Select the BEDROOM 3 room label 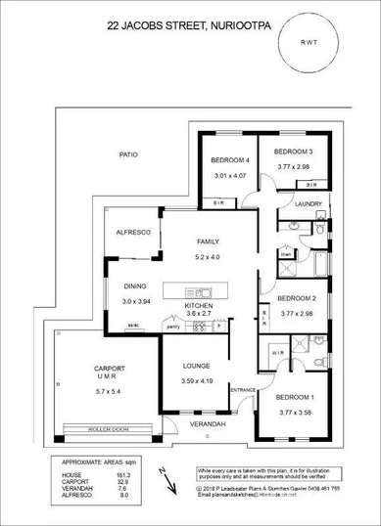[x=293, y=152]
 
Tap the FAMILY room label [x=207, y=241]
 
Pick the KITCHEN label [x=198, y=305]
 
